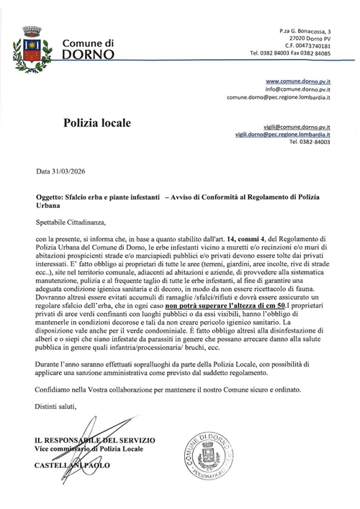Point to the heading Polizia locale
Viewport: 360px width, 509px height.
tap(102, 124)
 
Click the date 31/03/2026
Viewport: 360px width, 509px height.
tap(72, 173)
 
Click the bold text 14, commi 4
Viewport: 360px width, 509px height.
tap(249, 238)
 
